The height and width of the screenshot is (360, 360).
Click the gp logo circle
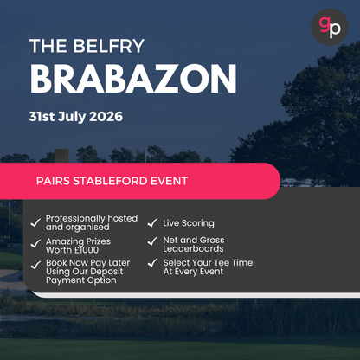tap(330, 25)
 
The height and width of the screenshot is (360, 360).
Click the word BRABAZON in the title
tap(132, 79)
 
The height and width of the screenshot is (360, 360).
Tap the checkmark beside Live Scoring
tap(153, 223)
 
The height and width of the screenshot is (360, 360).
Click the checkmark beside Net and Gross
tap(153, 241)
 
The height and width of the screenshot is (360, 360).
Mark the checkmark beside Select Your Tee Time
tap(153, 262)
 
